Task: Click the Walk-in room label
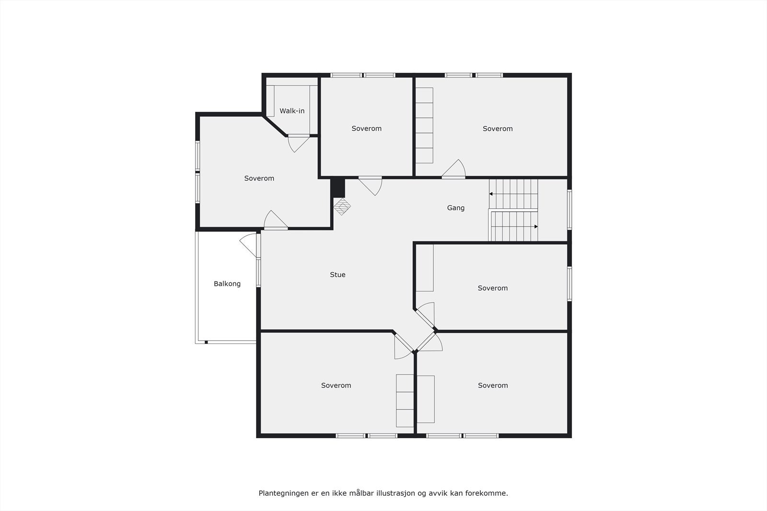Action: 292,111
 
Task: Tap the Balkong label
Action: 227,284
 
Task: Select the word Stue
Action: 337,275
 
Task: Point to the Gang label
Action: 456,208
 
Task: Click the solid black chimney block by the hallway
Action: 338,187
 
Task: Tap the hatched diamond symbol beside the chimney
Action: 342,207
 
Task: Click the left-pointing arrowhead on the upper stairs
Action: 491,194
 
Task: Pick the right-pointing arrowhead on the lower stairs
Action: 535,227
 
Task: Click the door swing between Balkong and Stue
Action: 249,245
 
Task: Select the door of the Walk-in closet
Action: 298,143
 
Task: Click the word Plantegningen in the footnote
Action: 282,493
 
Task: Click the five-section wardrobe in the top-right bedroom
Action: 424,125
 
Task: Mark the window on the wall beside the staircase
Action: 569,210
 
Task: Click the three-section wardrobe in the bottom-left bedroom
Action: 405,400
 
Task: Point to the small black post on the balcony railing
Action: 206,342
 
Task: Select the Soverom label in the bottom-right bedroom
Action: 493,386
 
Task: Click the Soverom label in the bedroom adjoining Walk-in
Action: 259,179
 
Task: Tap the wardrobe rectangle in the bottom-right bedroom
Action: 426,399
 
